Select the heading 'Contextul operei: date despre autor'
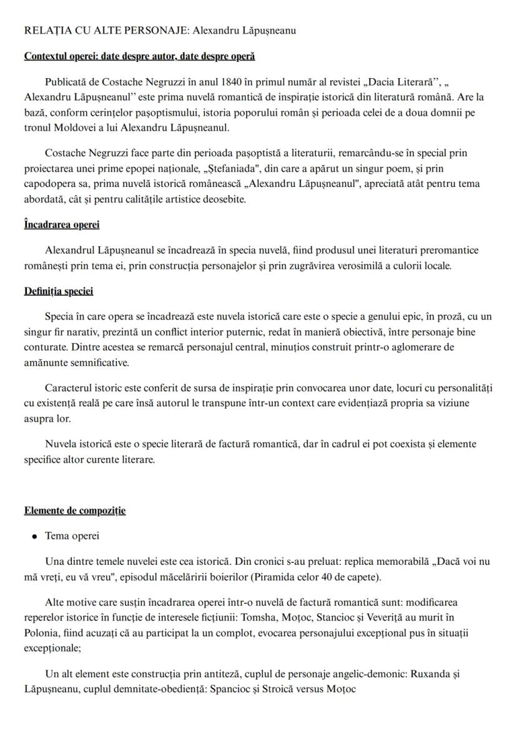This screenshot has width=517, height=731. click(x=100, y=56)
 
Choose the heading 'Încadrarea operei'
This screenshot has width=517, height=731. click(x=62, y=224)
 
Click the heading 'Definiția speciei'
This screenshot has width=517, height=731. click(x=59, y=291)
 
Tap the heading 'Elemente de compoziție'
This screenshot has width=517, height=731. click(x=75, y=510)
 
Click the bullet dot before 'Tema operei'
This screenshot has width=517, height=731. click(x=36, y=537)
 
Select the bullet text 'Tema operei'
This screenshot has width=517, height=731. click(x=72, y=536)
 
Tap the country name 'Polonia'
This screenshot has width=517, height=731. click(x=42, y=633)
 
